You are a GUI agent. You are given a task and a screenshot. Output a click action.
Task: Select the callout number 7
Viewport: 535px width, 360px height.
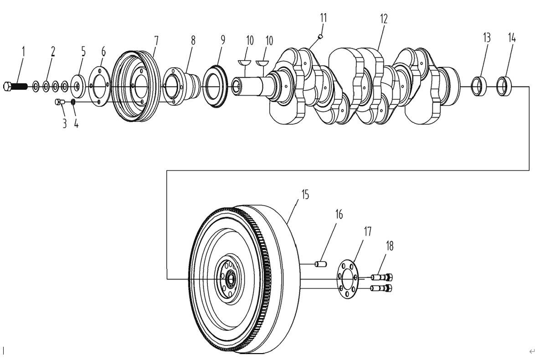[x=156, y=41]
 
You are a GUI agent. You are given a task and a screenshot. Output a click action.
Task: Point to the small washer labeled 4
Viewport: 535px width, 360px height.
[x=73, y=102]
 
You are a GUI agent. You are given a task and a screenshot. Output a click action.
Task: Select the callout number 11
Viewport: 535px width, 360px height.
[x=324, y=18]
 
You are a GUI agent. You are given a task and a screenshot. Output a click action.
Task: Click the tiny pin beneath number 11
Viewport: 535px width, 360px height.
[x=320, y=36]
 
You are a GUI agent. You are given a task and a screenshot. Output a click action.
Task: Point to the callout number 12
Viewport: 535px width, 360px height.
[x=384, y=19]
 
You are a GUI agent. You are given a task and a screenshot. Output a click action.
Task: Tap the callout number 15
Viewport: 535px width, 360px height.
[x=305, y=195]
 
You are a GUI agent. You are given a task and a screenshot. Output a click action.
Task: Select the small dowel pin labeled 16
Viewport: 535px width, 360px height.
[x=321, y=264]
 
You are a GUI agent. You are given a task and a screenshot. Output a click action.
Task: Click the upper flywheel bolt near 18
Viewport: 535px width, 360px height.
[x=382, y=277]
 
